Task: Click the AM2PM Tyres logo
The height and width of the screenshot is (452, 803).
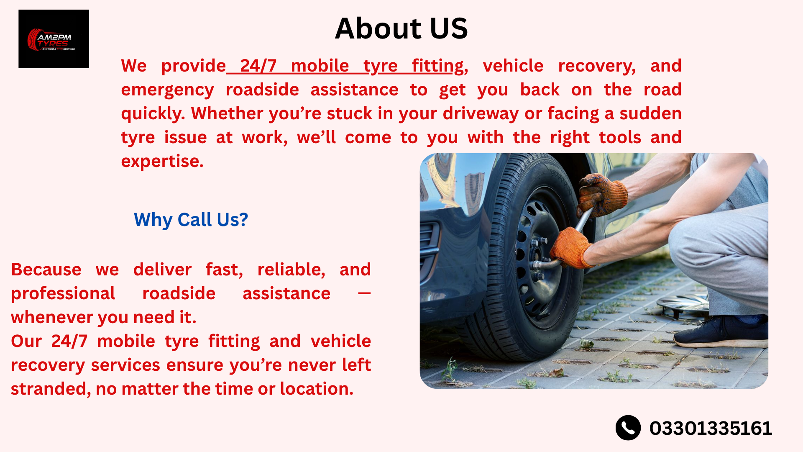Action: coord(54,39)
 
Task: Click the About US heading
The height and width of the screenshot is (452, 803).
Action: coord(401,28)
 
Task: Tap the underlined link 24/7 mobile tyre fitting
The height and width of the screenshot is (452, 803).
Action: coord(345,66)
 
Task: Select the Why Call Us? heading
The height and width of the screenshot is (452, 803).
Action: coord(191,220)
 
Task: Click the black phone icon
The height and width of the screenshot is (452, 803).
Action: coord(628,428)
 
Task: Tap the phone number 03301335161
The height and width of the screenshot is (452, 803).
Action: coord(711,428)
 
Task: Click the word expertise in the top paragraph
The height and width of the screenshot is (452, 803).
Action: coord(162,162)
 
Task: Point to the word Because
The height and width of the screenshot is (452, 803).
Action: coord(46,270)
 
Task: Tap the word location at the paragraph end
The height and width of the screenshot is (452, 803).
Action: coord(317,389)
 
